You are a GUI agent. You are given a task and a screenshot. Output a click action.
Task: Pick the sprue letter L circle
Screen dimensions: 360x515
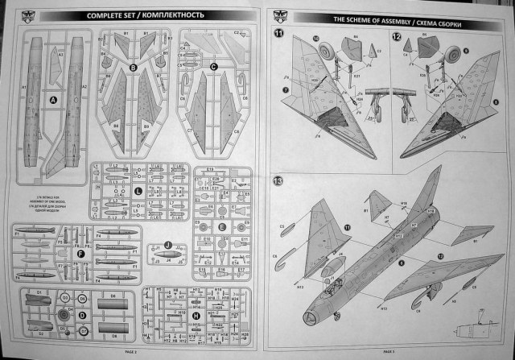coord(138,190)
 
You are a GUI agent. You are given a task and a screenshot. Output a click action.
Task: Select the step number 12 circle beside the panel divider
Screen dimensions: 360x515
coord(398,37)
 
